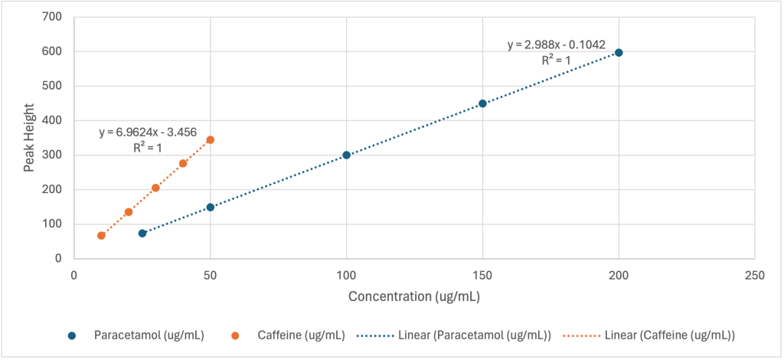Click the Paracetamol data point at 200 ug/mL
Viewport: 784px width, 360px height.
(619, 53)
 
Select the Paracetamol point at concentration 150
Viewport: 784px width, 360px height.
(482, 103)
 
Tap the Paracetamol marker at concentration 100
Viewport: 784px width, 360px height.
(346, 155)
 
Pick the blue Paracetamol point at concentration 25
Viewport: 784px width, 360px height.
(142, 233)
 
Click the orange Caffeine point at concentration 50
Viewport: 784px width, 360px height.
(210, 140)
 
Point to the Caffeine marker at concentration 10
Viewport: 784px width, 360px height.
(101, 235)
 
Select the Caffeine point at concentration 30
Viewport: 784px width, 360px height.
(155, 188)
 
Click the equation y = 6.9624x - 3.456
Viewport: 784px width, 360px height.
(148, 133)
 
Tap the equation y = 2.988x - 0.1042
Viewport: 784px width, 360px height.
(557, 45)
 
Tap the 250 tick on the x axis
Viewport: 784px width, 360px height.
(754, 273)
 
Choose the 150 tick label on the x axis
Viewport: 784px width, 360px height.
(482, 273)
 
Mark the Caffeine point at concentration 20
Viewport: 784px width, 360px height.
(129, 212)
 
